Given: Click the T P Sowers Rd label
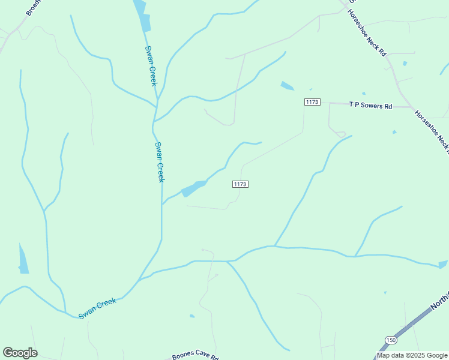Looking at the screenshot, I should (x=370, y=106).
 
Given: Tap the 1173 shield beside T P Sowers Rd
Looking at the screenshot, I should (x=312, y=102).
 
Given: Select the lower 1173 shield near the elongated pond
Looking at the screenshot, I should (x=240, y=184).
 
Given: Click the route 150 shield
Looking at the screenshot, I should (x=391, y=340).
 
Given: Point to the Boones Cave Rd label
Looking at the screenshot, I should (x=195, y=356).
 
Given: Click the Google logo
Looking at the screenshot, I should (x=20, y=353).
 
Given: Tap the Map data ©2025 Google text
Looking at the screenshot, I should (x=412, y=355).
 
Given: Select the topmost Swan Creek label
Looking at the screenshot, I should (x=151, y=65).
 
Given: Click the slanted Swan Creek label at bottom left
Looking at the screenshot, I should (x=97, y=308).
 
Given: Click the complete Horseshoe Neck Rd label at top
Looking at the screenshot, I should (x=367, y=33).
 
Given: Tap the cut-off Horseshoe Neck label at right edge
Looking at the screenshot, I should (x=433, y=133).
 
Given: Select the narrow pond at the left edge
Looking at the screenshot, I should (x=23, y=259).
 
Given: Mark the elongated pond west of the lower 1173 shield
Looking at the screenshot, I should (x=193, y=188).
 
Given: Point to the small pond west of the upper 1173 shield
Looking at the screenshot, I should (x=287, y=86).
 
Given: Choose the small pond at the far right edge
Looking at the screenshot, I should (x=443, y=264).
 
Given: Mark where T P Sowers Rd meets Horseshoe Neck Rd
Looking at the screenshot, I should (x=413, y=108).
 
